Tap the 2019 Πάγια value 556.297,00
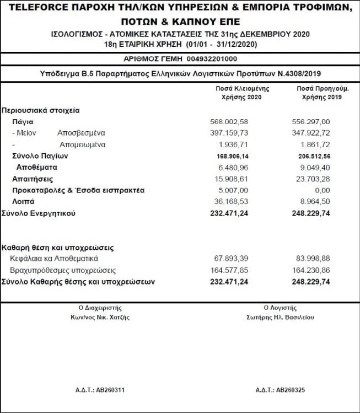pyautogui.click(x=310, y=121)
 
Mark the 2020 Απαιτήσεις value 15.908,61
pyautogui.click(x=231, y=179)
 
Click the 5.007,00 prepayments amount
pyautogui.click(x=233, y=190)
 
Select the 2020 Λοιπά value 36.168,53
pyautogui.click(x=231, y=202)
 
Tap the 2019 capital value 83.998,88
pyautogui.click(x=311, y=259)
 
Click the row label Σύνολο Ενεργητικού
pyautogui.click(x=38, y=213)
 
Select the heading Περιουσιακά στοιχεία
pyautogui.click(x=41, y=110)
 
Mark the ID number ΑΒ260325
pyautogui.click(x=288, y=390)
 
